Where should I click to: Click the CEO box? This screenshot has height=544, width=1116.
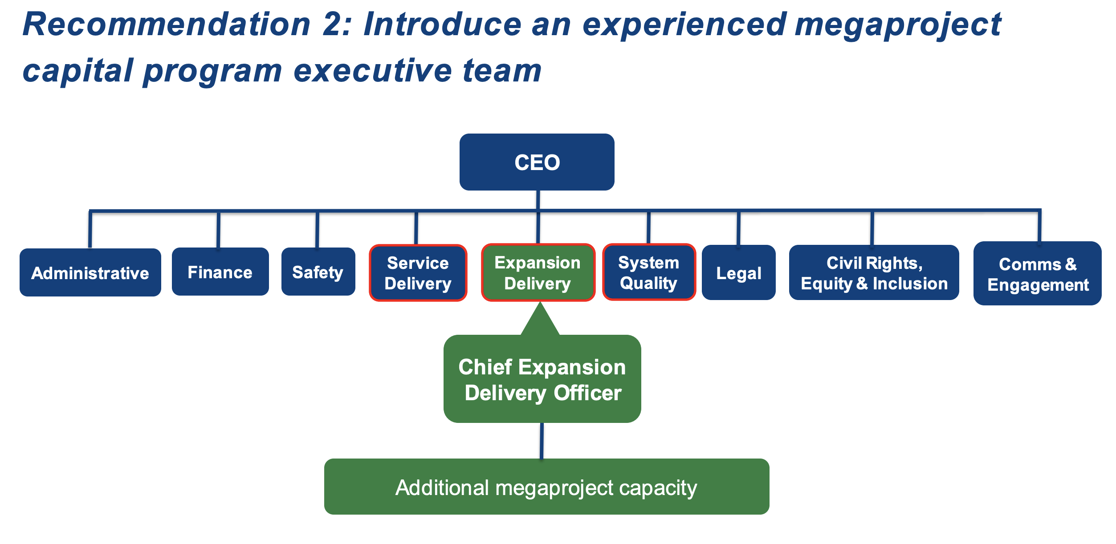pyautogui.click(x=537, y=162)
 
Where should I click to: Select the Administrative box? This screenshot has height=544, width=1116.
pyautogui.click(x=90, y=272)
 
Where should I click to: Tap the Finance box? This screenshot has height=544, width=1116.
pyautogui.click(x=220, y=272)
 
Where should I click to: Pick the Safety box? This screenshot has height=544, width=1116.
pyautogui.click(x=318, y=272)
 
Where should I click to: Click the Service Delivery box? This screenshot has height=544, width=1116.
pyautogui.click(x=418, y=272)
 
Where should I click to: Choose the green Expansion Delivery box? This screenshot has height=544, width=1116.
pyautogui.click(x=538, y=272)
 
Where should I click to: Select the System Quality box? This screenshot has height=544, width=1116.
pyautogui.click(x=648, y=272)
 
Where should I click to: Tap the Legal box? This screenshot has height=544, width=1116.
pyautogui.click(x=738, y=272)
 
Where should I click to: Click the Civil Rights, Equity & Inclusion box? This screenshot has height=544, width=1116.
pyautogui.click(x=874, y=272)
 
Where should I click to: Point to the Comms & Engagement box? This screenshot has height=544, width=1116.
pyautogui.click(x=1037, y=273)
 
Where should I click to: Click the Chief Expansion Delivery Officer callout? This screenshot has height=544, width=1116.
pyautogui.click(x=542, y=379)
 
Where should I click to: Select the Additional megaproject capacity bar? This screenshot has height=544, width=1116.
pyautogui.click(x=546, y=487)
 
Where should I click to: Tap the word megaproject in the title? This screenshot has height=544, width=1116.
pyautogui.click(x=898, y=24)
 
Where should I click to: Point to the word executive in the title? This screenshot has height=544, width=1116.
pyautogui.click(x=372, y=70)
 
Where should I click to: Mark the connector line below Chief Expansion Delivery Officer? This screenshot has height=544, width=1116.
pyautogui.click(x=542, y=440)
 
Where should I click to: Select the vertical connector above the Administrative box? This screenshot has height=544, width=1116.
pyautogui.click(x=90, y=229)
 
